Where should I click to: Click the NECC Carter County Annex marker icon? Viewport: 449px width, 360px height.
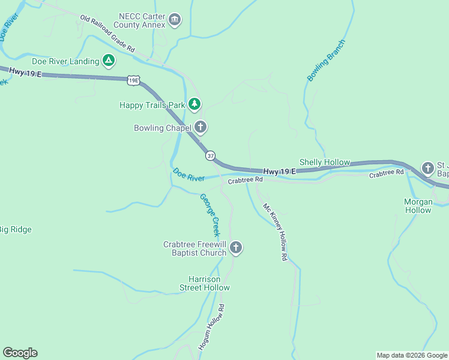pyautogui.click(x=175, y=20)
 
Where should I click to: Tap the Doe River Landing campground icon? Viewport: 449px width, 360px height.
pyautogui.click(x=109, y=61)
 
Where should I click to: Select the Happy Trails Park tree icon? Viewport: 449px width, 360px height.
pyautogui.click(x=194, y=104)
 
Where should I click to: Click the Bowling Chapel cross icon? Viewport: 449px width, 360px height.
pyautogui.click(x=200, y=127)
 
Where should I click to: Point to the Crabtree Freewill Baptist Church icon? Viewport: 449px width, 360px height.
pyautogui.click(x=236, y=247)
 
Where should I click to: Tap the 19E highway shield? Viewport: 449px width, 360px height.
pyautogui.click(x=133, y=80)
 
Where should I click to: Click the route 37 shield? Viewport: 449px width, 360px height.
pyautogui.click(x=210, y=155)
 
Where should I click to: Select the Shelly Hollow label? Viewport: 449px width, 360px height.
pyautogui.click(x=324, y=163)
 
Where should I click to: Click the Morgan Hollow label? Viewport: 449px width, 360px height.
pyautogui.click(x=418, y=206)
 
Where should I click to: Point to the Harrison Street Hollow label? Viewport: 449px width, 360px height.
pyautogui.click(x=205, y=283)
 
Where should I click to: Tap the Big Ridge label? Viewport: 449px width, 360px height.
pyautogui.click(x=16, y=229)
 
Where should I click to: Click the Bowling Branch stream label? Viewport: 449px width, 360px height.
pyautogui.click(x=327, y=61)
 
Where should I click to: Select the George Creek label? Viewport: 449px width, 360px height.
pyautogui.click(x=209, y=215)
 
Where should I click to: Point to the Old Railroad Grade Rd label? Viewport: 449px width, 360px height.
pyautogui.click(x=107, y=34)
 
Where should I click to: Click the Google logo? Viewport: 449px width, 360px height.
pyautogui.click(x=20, y=353)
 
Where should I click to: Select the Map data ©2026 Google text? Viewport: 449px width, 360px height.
pyautogui.click(x=411, y=355)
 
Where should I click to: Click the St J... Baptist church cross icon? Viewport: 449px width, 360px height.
pyautogui.click(x=428, y=167)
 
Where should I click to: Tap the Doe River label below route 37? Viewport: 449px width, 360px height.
pyautogui.click(x=188, y=175)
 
